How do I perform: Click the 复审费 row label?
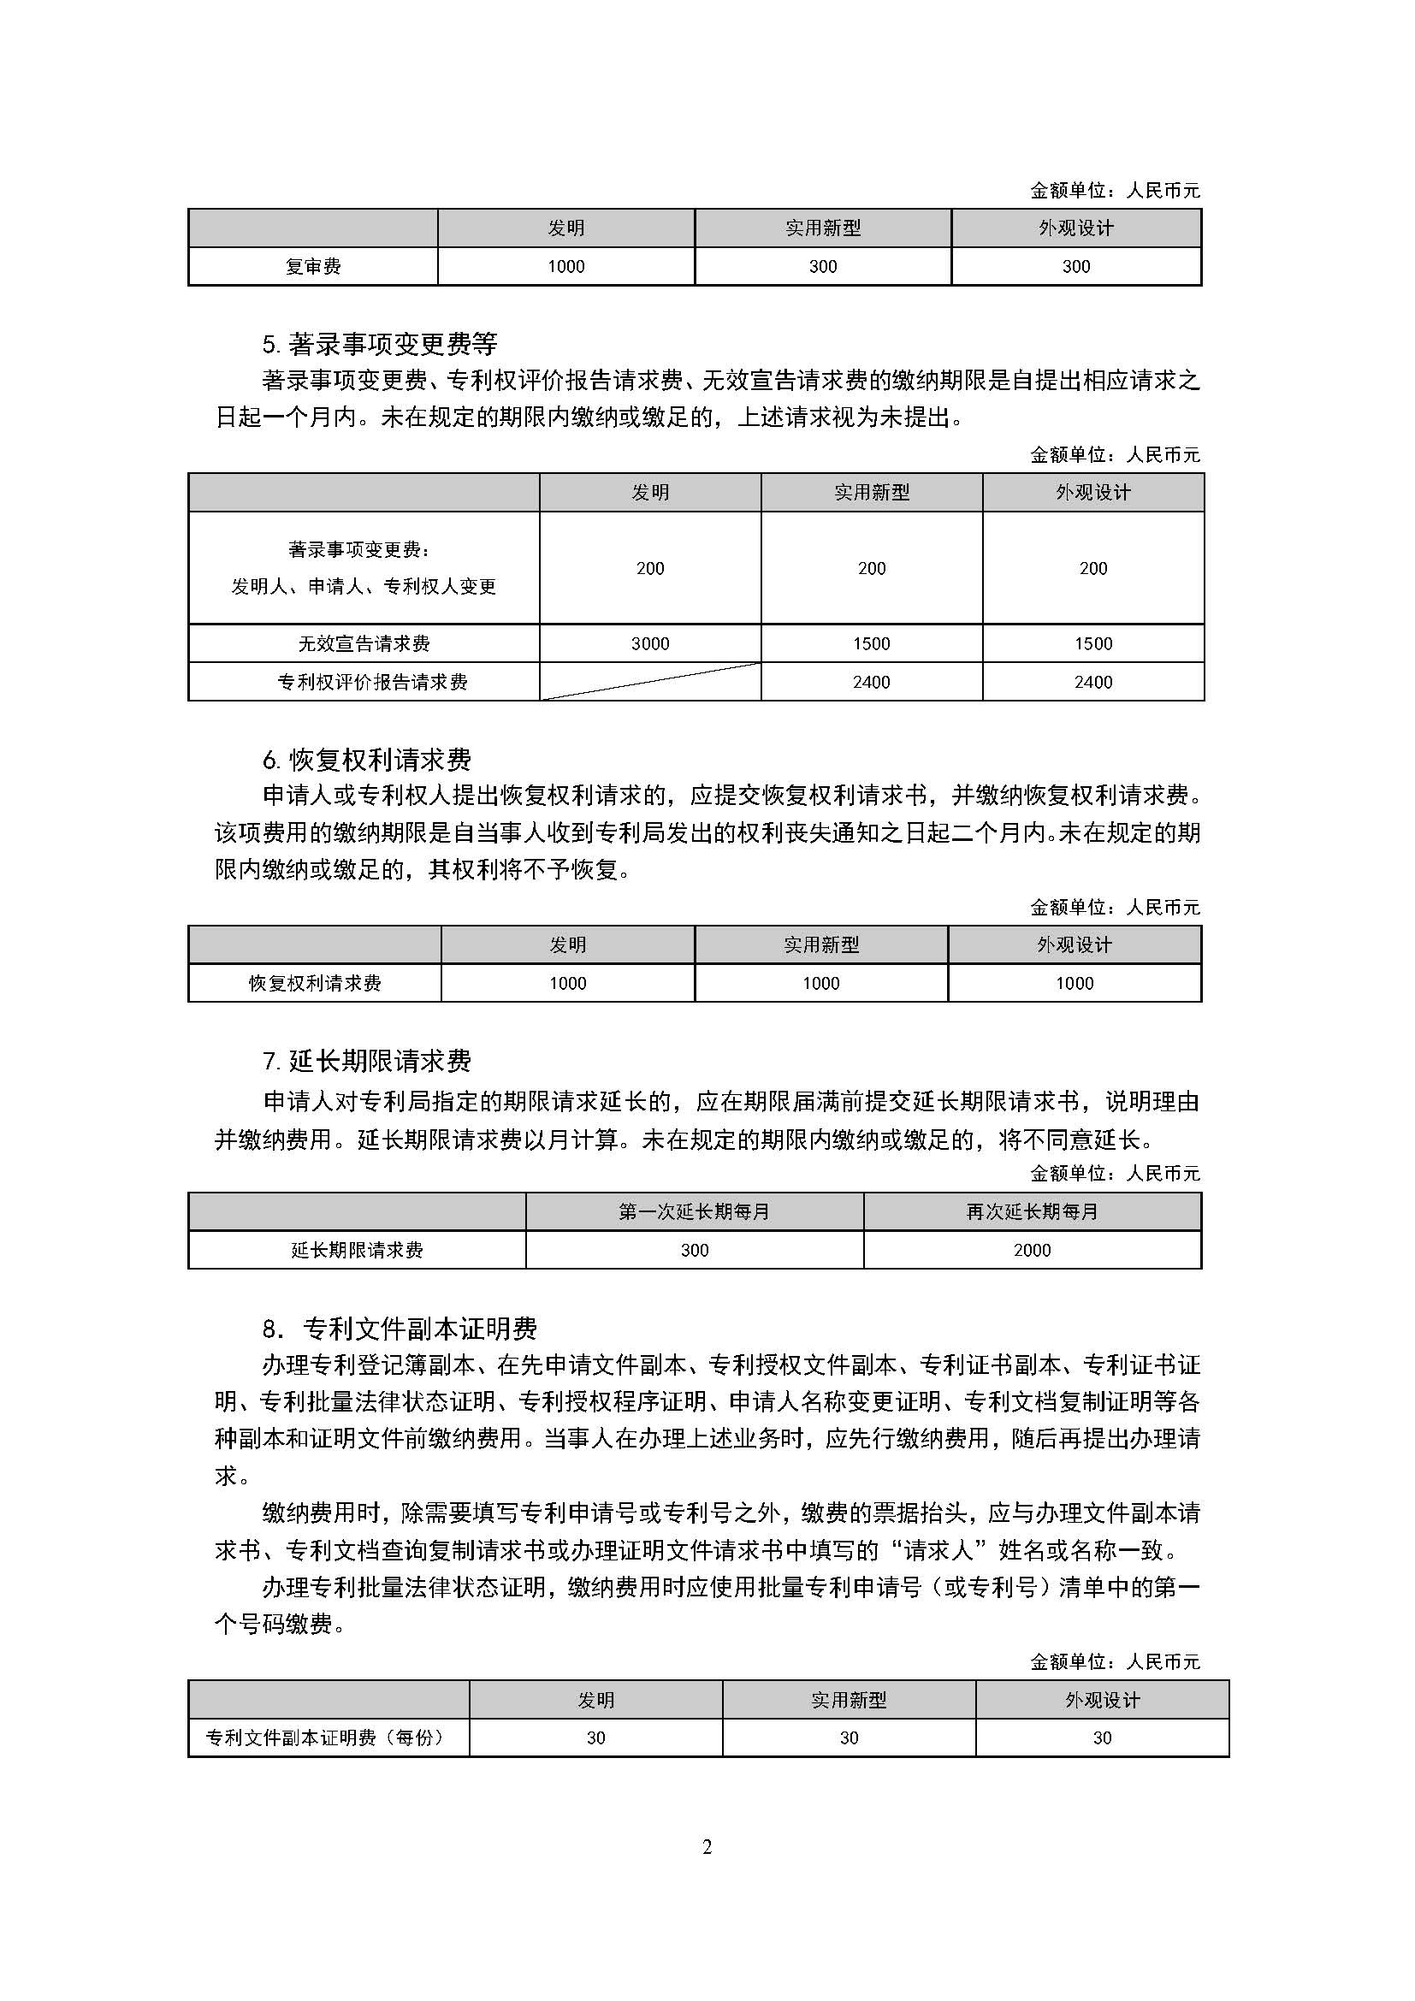coord(313,267)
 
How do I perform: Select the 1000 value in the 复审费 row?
coord(565,267)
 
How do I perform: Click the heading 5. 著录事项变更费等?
coord(380,344)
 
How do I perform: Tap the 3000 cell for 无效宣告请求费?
coord(650,643)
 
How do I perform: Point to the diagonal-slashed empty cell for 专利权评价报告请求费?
coord(650,682)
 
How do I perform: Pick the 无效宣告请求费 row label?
coord(364,643)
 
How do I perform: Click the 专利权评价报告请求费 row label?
coord(372,682)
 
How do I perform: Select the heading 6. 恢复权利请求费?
coord(367,760)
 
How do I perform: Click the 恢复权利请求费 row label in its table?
coord(315,983)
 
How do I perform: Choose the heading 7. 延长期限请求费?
coord(367,1061)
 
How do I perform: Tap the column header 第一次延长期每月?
coord(695,1211)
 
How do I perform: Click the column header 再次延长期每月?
coord(1033,1211)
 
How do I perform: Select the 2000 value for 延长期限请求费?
coord(1033,1250)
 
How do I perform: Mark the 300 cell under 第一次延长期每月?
coord(695,1250)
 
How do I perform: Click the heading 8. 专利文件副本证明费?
coord(400,1329)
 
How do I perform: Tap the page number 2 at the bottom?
coord(707,1847)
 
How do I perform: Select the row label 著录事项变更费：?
coord(360,550)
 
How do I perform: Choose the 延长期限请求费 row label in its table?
coord(357,1250)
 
